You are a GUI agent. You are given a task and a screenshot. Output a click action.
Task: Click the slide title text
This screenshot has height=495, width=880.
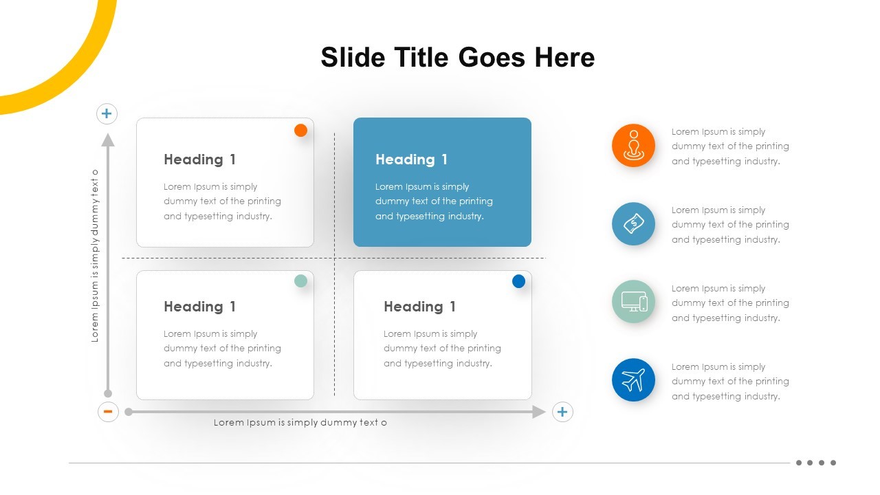point(457,57)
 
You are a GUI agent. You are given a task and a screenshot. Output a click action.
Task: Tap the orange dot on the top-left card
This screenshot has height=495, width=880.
point(300,130)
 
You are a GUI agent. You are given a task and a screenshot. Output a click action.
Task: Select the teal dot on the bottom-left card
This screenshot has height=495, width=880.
point(300,280)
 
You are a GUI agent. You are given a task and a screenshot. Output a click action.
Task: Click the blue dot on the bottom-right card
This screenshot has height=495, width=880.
point(518,280)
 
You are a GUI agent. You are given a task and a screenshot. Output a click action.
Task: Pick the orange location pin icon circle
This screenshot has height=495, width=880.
point(633,146)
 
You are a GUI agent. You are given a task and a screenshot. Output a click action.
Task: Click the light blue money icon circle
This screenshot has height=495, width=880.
point(633,224)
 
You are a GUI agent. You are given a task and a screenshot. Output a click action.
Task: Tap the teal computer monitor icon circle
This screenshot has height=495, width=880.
point(633,302)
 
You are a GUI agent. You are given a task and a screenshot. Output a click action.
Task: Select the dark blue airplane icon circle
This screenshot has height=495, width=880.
point(633,380)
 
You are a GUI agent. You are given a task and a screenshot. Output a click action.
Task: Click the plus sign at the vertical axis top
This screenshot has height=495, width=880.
point(107,113)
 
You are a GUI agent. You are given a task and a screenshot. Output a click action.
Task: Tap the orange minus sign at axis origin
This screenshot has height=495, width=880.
point(108,412)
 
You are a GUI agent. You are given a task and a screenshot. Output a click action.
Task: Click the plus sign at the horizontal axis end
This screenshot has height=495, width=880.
point(562,412)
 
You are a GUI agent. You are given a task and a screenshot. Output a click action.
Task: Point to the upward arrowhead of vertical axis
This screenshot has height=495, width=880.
point(108,140)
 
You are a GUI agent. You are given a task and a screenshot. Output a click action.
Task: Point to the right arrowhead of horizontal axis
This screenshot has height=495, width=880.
point(539,412)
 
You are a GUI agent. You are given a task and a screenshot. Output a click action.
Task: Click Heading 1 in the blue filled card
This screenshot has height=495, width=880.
point(411,159)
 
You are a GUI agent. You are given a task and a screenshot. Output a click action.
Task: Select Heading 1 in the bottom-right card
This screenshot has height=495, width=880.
point(419,307)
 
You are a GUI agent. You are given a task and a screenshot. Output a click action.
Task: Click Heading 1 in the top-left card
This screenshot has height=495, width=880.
point(199,159)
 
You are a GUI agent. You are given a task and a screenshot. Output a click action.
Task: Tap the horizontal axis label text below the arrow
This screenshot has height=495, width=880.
point(300,423)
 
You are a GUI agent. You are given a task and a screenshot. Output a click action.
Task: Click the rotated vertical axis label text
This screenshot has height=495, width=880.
point(95,256)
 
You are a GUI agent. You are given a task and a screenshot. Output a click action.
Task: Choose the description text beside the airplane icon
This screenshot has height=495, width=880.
point(729,382)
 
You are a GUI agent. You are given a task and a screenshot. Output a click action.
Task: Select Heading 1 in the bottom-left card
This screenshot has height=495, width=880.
point(199,307)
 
